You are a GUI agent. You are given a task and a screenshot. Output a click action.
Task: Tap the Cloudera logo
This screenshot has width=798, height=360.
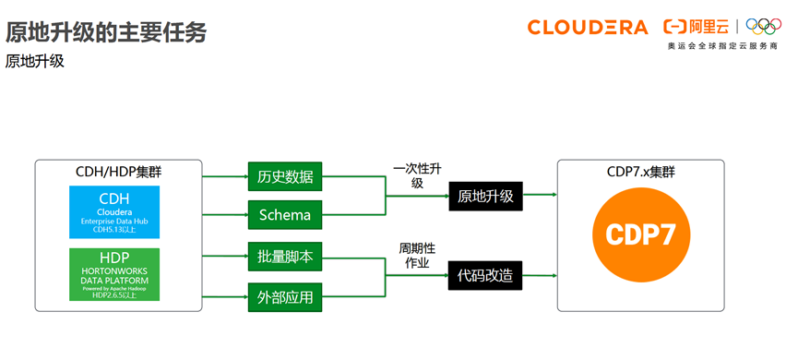[587, 27]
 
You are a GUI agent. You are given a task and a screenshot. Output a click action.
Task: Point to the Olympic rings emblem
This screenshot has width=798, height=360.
[764, 27]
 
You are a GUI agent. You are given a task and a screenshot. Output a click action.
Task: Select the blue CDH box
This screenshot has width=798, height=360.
[114, 212]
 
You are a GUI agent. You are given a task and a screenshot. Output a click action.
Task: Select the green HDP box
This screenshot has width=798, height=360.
[114, 273]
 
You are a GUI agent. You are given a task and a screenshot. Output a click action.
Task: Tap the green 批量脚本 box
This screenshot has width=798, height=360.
[285, 257]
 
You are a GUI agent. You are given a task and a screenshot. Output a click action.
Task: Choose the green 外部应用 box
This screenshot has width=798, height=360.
[285, 297]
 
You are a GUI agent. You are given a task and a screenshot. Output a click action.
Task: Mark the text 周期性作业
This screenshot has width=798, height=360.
[416, 256]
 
